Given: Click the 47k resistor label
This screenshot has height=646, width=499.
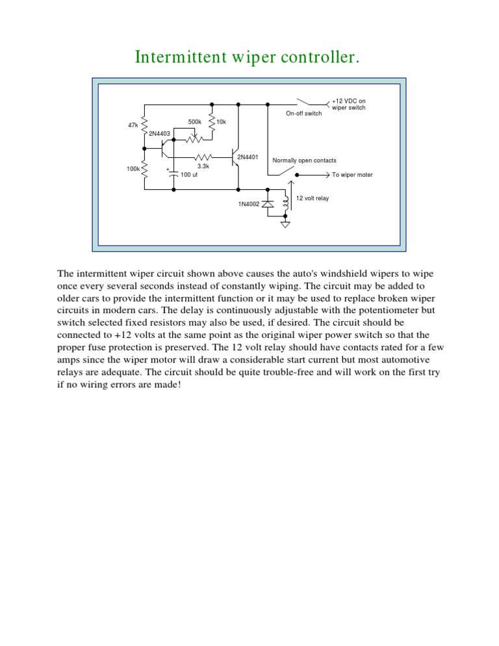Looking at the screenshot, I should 133,124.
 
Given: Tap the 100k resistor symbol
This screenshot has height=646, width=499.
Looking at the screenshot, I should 144,170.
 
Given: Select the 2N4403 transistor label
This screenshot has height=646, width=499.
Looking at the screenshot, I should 159,134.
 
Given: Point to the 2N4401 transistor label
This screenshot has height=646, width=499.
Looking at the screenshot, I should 248,157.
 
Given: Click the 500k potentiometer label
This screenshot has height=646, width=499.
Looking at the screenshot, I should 195,122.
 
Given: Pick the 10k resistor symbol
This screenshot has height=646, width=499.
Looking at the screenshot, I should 212,123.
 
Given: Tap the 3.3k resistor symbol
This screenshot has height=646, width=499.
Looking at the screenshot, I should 203,157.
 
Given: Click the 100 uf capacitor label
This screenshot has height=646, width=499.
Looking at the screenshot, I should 189,175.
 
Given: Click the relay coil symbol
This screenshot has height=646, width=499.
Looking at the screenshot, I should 285,203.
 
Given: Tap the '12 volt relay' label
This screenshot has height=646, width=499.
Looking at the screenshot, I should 313,198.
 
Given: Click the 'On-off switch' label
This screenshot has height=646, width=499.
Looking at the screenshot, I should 303,114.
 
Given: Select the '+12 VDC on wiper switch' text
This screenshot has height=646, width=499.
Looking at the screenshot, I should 349,105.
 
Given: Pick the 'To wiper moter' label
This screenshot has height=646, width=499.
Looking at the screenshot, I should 352,175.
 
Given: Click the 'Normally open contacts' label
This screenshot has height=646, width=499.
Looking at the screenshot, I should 304,161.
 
